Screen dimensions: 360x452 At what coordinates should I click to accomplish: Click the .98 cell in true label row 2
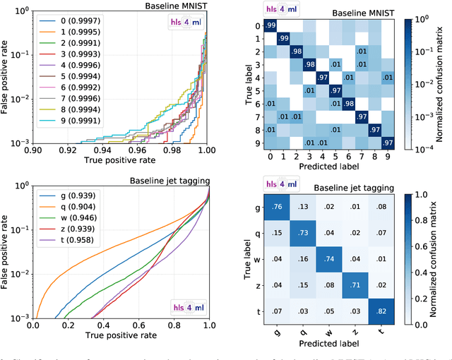[296, 51]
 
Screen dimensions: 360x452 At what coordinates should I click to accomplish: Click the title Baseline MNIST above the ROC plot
[172, 6]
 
